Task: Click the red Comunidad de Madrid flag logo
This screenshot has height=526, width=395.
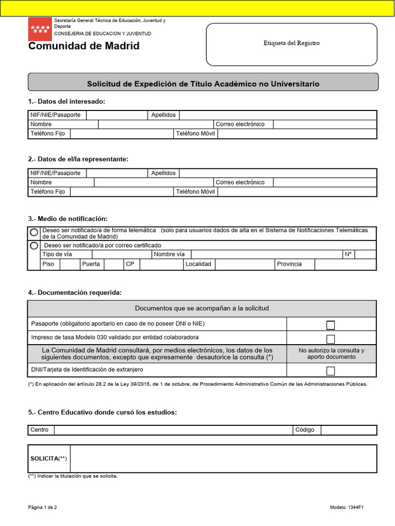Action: pyautogui.click(x=40, y=29)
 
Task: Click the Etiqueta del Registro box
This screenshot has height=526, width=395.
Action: pyautogui.click(x=292, y=44)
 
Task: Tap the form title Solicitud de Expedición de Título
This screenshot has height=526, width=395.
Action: pyautogui.click(x=203, y=83)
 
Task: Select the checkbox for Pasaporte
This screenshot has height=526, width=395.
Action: pyautogui.click(x=331, y=325)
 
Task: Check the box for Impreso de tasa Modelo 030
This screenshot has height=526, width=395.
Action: pyautogui.click(x=331, y=339)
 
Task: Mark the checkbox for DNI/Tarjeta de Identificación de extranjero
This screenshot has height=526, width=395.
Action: pyautogui.click(x=331, y=371)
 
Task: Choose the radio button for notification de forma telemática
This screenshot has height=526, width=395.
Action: pyautogui.click(x=34, y=233)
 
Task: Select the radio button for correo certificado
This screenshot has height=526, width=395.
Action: pyautogui.click(x=34, y=246)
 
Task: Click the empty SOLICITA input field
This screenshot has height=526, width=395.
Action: pyautogui.click(x=223, y=458)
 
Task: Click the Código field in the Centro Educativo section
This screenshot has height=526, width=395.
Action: pyautogui.click(x=349, y=430)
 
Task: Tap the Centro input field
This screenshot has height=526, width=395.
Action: pyautogui.click(x=173, y=430)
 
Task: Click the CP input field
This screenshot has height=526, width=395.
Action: pyautogui.click(x=161, y=265)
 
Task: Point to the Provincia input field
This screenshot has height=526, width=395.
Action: pyautogui.click(x=345, y=265)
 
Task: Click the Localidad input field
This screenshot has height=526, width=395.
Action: pyautogui.click(x=244, y=265)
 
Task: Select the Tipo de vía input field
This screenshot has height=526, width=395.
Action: pyautogui.click(x=121, y=255)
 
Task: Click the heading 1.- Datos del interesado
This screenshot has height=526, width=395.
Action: pyautogui.click(x=67, y=101)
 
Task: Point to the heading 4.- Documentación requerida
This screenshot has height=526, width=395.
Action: pyautogui.click(x=75, y=292)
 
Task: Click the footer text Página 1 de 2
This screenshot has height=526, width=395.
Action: pyautogui.click(x=43, y=508)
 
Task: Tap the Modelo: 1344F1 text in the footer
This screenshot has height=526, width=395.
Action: pyautogui.click(x=347, y=508)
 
